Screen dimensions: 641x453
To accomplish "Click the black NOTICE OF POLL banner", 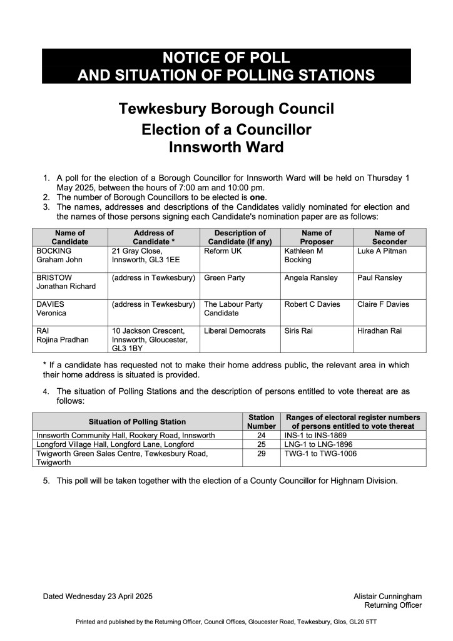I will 227,66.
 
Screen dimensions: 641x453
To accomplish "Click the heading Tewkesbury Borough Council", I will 227,109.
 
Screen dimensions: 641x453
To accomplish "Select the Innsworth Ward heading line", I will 227,148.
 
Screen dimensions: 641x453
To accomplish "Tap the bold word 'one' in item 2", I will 258,198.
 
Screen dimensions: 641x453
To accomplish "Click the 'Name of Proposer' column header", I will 317,237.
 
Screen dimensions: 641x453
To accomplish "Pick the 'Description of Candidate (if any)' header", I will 240,237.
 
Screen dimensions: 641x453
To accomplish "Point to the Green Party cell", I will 225,277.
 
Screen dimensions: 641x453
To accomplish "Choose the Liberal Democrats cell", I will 235,331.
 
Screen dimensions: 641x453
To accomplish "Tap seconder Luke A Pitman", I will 382,251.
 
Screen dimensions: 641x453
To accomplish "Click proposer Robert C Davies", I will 312,304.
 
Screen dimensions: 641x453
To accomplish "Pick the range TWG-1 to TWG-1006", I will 320,453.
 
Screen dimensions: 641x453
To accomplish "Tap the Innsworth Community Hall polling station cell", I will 126,435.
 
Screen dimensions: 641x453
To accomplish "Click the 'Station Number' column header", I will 262,421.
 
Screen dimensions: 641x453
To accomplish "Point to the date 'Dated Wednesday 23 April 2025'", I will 98,596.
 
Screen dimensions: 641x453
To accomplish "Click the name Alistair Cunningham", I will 387,596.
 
